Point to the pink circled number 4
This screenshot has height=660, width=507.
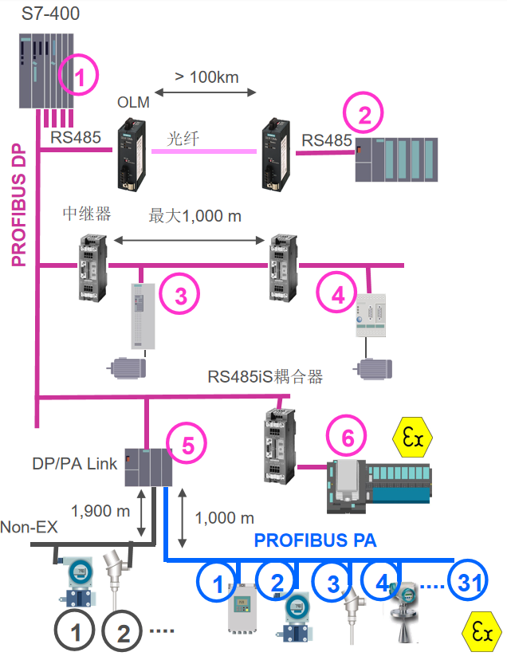(x=338, y=295)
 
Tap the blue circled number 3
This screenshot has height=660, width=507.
(x=333, y=582)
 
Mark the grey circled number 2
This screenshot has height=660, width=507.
(x=124, y=634)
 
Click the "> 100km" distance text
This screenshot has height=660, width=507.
(x=206, y=77)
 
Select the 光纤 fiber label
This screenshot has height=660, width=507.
(x=182, y=138)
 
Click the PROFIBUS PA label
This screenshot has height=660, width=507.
(x=316, y=540)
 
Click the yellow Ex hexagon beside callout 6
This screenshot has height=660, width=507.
(x=412, y=438)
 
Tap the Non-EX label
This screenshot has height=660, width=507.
(x=28, y=527)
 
